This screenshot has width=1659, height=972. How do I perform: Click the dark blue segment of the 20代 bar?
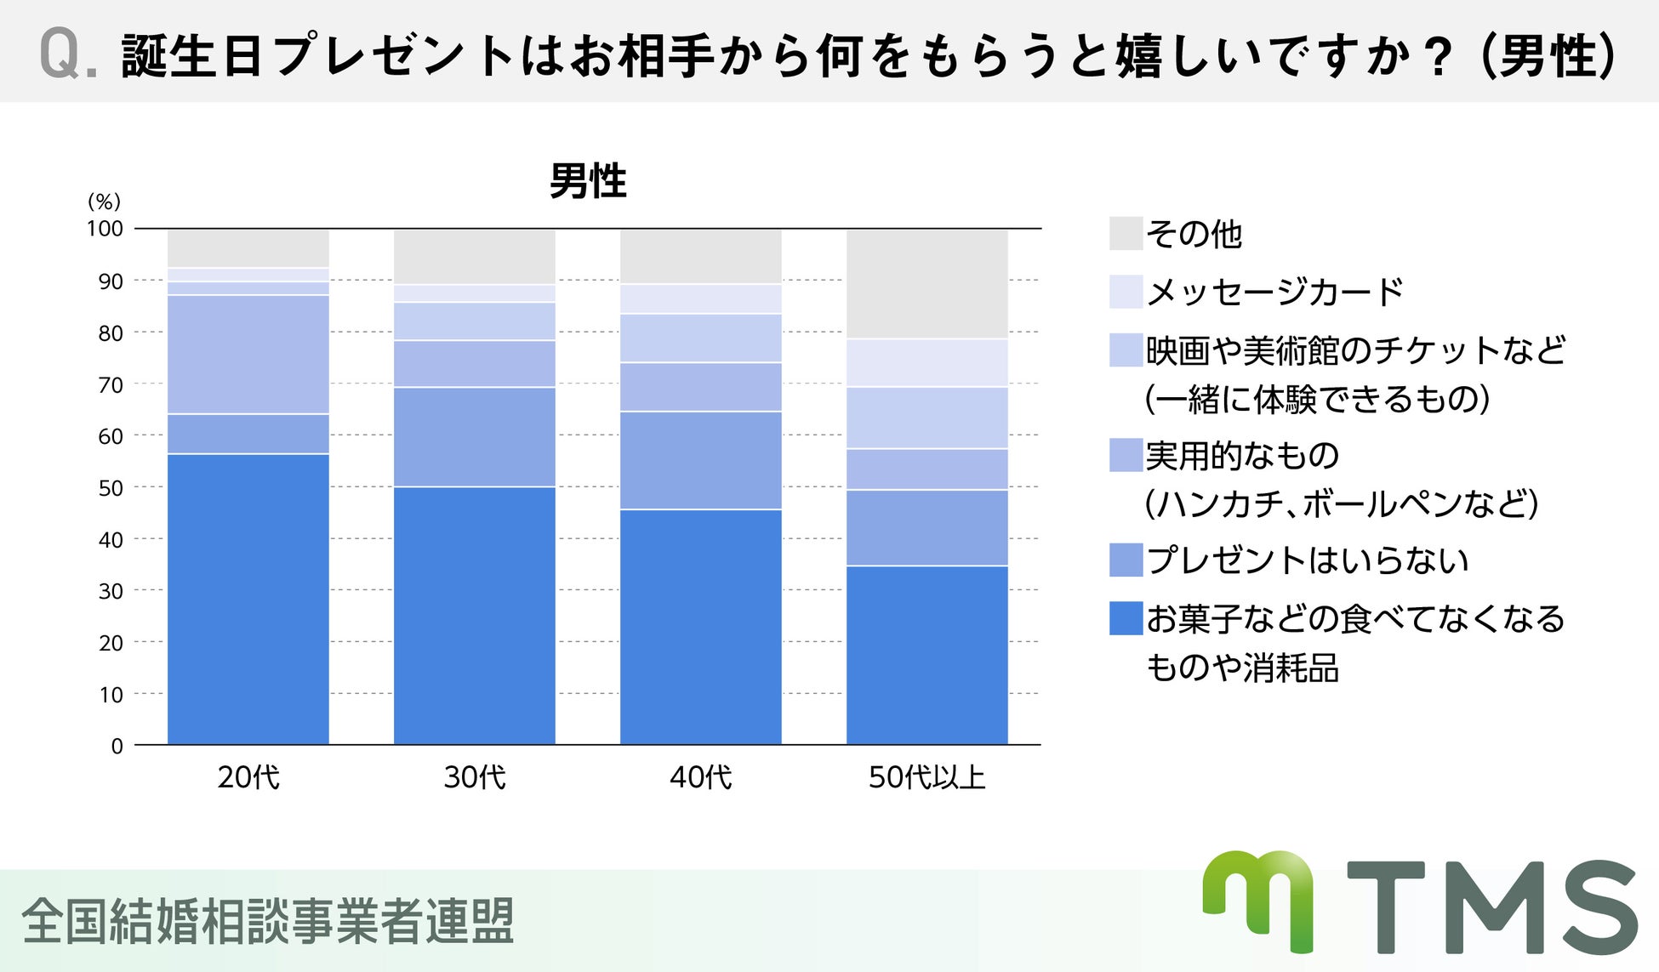248,600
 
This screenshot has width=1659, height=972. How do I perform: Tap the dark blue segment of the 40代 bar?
700,627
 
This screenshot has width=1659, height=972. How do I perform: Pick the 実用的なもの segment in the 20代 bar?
248,355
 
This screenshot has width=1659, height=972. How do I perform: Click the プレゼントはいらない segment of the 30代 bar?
474,437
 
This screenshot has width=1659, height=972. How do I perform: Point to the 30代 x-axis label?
474,777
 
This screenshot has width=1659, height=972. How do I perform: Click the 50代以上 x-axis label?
926,777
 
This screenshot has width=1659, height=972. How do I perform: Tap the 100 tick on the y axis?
105,229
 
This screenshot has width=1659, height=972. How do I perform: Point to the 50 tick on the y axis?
111,488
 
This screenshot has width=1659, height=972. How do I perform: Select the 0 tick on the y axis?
117,747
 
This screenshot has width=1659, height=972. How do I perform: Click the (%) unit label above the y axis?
105,202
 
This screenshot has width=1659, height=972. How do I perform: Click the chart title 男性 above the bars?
588,181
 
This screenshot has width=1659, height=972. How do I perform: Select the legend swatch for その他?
1126,233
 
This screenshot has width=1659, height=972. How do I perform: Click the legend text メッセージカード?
1274,292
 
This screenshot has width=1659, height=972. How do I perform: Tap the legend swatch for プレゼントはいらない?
1126,560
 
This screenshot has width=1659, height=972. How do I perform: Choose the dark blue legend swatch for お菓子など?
1126,618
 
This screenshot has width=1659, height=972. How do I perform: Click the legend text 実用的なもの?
1242,456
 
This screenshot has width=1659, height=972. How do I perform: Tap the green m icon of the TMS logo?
1258,900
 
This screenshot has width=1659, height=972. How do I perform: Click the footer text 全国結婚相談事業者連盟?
268,922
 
